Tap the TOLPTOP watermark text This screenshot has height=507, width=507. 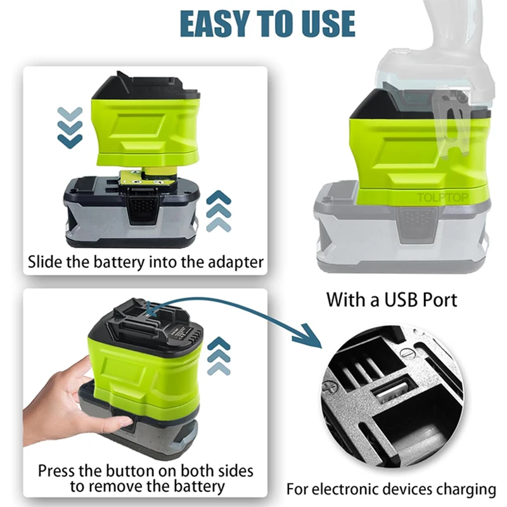pos(442,197)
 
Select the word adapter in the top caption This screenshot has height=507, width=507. pos(236,262)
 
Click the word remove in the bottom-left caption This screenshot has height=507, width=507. pos(115,487)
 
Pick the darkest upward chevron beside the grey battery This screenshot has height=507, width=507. pos(219,197)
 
